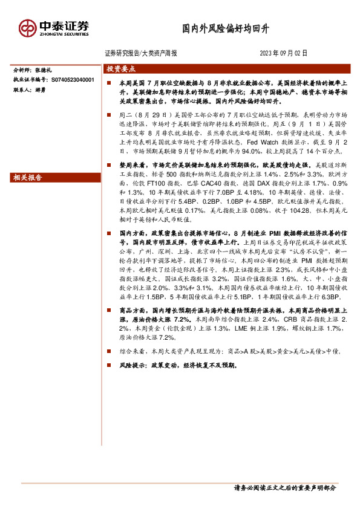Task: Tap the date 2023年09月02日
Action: click(283, 53)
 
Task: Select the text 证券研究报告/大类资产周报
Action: click(141, 53)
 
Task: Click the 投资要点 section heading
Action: click(122, 68)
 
